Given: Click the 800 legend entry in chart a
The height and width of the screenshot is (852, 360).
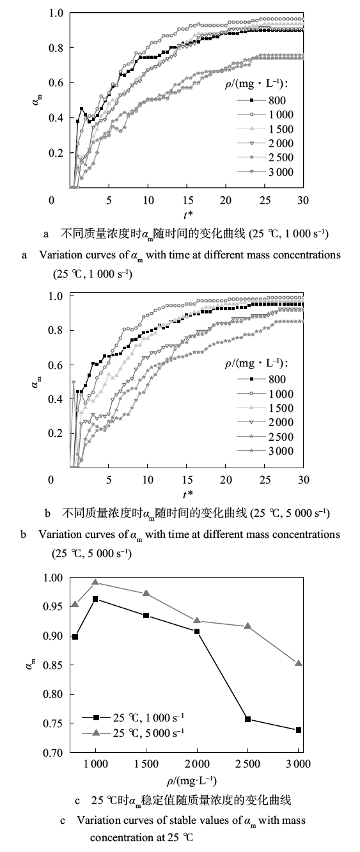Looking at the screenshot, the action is (x=262, y=100).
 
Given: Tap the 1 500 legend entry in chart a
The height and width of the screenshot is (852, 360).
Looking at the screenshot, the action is (x=265, y=129).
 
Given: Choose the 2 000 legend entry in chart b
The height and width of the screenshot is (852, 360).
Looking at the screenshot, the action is (x=265, y=423).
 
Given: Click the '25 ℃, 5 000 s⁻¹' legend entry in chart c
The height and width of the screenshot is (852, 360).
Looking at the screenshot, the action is (x=133, y=733).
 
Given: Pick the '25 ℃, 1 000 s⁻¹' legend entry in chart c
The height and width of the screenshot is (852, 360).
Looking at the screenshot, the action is (x=133, y=718).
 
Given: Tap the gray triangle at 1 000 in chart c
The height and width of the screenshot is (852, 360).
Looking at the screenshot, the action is (x=95, y=582).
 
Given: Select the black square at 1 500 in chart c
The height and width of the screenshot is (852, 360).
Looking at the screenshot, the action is (x=146, y=615).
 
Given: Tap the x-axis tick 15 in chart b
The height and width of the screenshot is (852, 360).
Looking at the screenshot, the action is (x=187, y=480).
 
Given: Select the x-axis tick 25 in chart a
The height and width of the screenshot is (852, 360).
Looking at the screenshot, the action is (x=265, y=200).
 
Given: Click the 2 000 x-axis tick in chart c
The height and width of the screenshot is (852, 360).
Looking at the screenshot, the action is (x=197, y=764).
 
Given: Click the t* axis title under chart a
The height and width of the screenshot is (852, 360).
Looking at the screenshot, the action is (x=188, y=215).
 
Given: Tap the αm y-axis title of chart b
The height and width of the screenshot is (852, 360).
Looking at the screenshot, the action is (x=36, y=381).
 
